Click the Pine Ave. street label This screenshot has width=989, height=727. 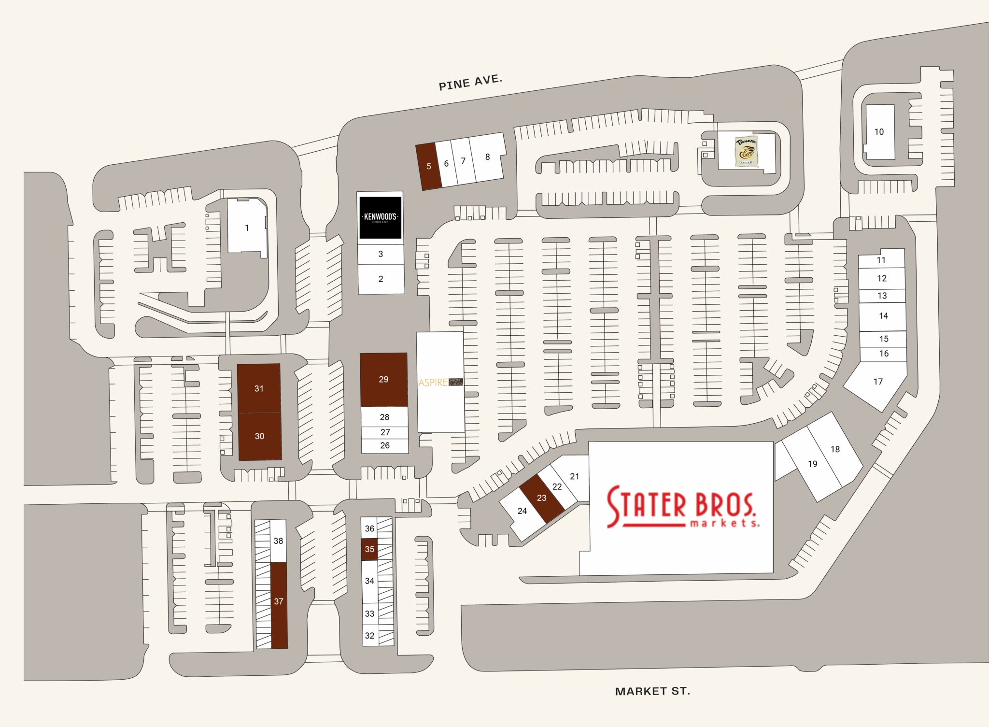click(470, 82)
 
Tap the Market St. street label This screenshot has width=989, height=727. click(652, 691)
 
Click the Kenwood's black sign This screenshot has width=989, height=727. click(380, 217)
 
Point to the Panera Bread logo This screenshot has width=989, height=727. click(746, 151)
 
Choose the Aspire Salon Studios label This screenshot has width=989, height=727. click(440, 383)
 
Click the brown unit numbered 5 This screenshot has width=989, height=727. click(428, 166)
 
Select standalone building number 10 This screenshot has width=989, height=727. click(879, 132)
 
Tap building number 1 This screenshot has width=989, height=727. click(247, 228)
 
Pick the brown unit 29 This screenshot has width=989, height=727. click(383, 380)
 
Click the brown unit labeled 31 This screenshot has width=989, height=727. click(259, 388)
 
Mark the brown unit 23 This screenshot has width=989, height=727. click(541, 498)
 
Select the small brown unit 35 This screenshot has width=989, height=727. click(369, 549)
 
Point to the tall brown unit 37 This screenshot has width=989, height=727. click(279, 602)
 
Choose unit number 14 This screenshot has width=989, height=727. click(883, 316)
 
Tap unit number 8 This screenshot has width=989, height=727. click(487, 157)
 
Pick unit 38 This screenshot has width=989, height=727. click(278, 541)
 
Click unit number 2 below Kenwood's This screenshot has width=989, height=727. click(381, 279)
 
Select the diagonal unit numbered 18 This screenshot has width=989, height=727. click(835, 449)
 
